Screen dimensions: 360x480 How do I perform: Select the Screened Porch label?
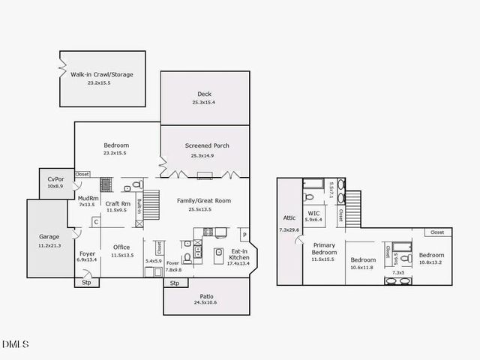[207, 145]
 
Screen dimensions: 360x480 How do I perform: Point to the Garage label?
[49, 237]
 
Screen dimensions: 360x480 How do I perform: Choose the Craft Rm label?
[118, 203]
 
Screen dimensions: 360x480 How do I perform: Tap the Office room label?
[121, 247]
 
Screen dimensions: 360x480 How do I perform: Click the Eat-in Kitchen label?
[240, 253]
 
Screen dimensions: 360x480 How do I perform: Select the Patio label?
[206, 295]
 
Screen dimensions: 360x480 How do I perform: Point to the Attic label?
[288, 217]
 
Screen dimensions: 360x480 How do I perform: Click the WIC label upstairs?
[314, 213]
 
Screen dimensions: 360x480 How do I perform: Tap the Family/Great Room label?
[204, 201]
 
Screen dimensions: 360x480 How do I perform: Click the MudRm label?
[88, 198]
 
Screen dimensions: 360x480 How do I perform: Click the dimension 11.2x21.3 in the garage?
[49, 245]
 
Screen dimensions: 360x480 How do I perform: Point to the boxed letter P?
[244, 233]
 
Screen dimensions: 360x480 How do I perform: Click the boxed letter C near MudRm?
[96, 221]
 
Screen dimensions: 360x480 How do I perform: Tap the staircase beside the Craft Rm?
[151, 204]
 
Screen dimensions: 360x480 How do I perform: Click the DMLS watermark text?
[15, 344]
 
